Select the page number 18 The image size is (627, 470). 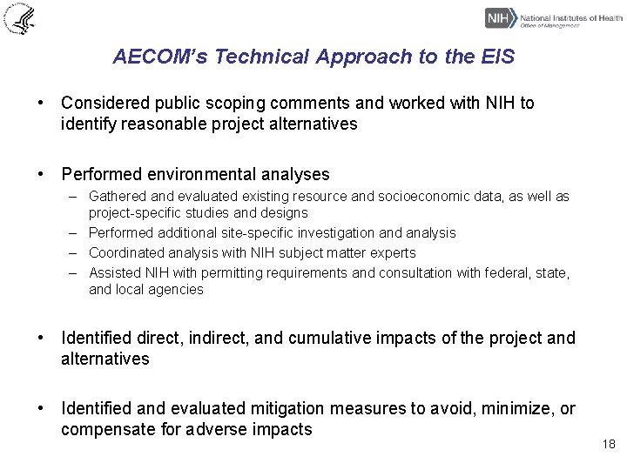[608, 445]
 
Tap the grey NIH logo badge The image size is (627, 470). [500, 17]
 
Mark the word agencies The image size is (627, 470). [178, 290]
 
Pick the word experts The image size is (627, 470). [394, 253]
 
